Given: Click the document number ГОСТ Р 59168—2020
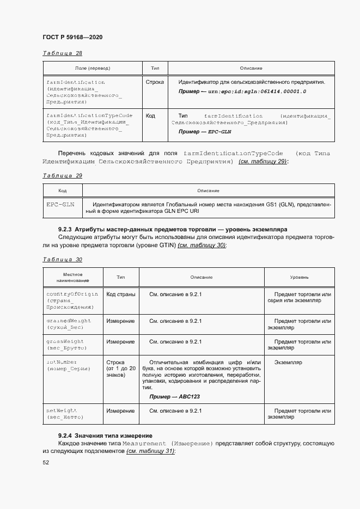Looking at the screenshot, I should tap(72, 37).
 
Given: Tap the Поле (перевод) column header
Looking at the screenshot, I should tap(93, 68).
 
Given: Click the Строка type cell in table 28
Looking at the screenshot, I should tap(155, 82).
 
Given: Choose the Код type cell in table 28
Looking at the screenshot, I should tap(151, 116).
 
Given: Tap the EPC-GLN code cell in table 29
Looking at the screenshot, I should tap(60, 204).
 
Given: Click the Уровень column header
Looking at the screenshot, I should tap(299, 277).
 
